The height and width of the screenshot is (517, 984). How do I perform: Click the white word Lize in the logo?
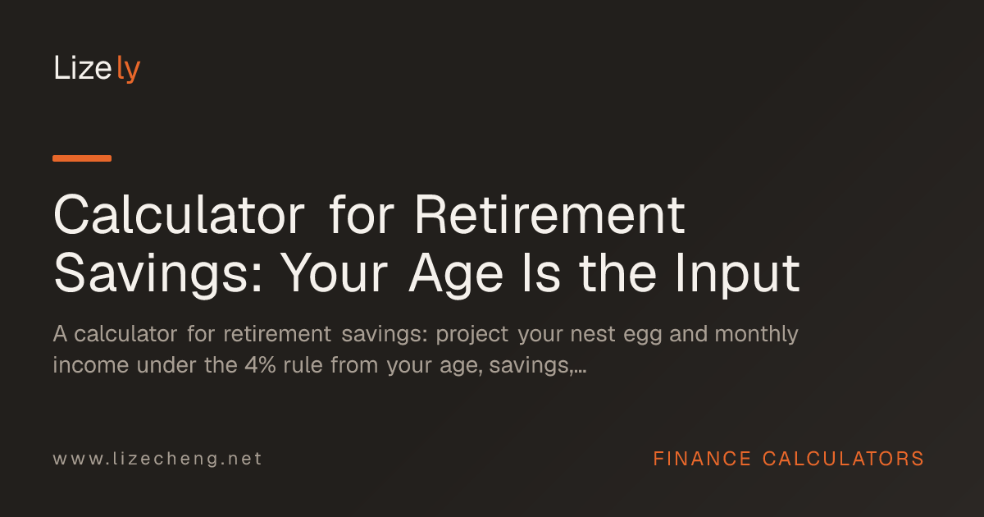click(x=83, y=67)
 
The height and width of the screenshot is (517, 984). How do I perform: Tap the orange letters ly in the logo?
click(x=129, y=69)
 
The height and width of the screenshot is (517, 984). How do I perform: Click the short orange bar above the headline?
click(x=82, y=158)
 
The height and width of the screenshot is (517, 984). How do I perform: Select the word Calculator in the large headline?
click(x=179, y=215)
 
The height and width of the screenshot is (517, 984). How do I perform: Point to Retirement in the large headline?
click(x=550, y=215)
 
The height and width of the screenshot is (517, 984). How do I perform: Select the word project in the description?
click(x=471, y=335)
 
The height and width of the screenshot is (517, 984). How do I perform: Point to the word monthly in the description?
click(x=756, y=335)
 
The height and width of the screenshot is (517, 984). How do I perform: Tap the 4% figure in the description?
click(x=260, y=365)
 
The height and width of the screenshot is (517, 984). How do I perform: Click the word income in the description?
click(x=90, y=365)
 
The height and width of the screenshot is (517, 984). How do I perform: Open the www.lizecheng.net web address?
click(x=157, y=459)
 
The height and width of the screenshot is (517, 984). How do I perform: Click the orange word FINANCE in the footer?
click(x=702, y=459)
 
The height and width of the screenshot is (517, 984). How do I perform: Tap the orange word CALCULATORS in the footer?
click(x=843, y=459)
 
